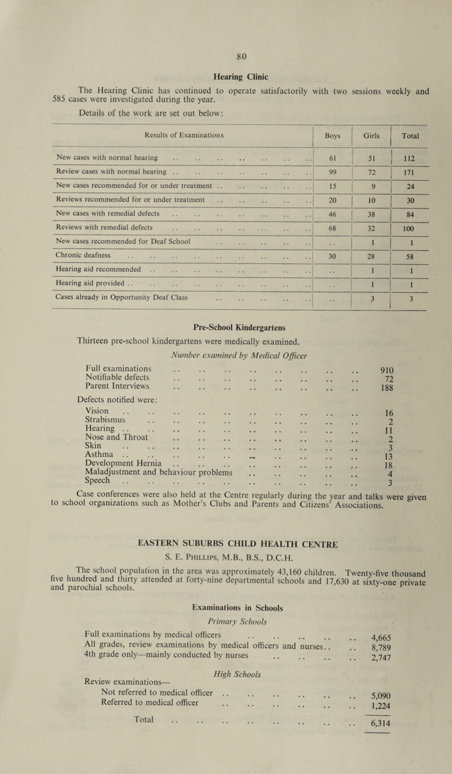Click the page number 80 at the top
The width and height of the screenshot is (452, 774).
(226, 56)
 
